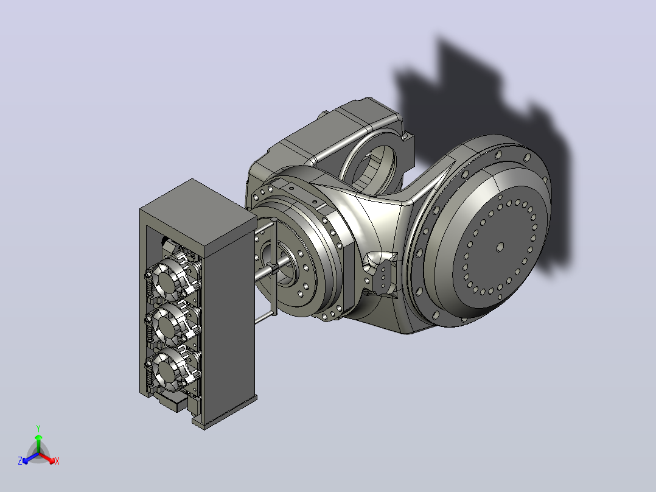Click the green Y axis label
click(x=38, y=428)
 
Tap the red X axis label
click(x=57, y=461)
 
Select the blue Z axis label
click(x=20, y=460)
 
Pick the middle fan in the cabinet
click(x=167, y=322)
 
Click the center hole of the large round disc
click(x=500, y=247)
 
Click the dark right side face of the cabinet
click(x=231, y=318)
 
